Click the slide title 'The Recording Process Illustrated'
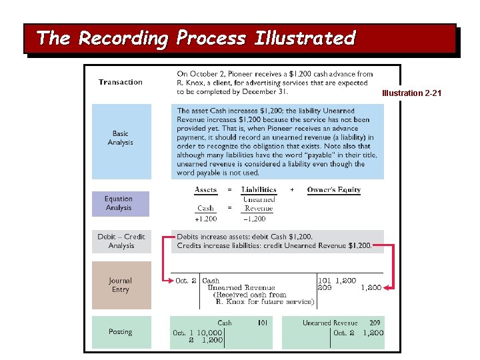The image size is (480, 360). point(196,38)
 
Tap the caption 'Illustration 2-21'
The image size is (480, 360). point(411,93)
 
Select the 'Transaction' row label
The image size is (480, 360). point(121,82)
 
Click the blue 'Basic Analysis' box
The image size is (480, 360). point(121,138)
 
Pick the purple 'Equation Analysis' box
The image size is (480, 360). point(120,203)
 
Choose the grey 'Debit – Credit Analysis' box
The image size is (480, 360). point(121,241)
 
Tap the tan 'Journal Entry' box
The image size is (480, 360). point(121,285)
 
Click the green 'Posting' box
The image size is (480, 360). point(121,331)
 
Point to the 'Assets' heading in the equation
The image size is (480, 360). point(205,190)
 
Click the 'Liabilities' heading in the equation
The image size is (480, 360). point(259,190)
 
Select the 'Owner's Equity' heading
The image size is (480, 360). point(333,190)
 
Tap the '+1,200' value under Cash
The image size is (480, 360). point(205,219)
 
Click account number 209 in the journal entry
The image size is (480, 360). point(325,288)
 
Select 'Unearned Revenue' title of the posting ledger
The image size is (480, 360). point(330,323)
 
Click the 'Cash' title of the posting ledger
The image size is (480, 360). point(225,323)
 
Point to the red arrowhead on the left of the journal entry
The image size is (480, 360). point(167,281)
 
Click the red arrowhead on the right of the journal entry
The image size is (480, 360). point(389,288)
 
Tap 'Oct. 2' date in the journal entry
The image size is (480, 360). point(185,281)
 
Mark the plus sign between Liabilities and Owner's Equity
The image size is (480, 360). point(292,190)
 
